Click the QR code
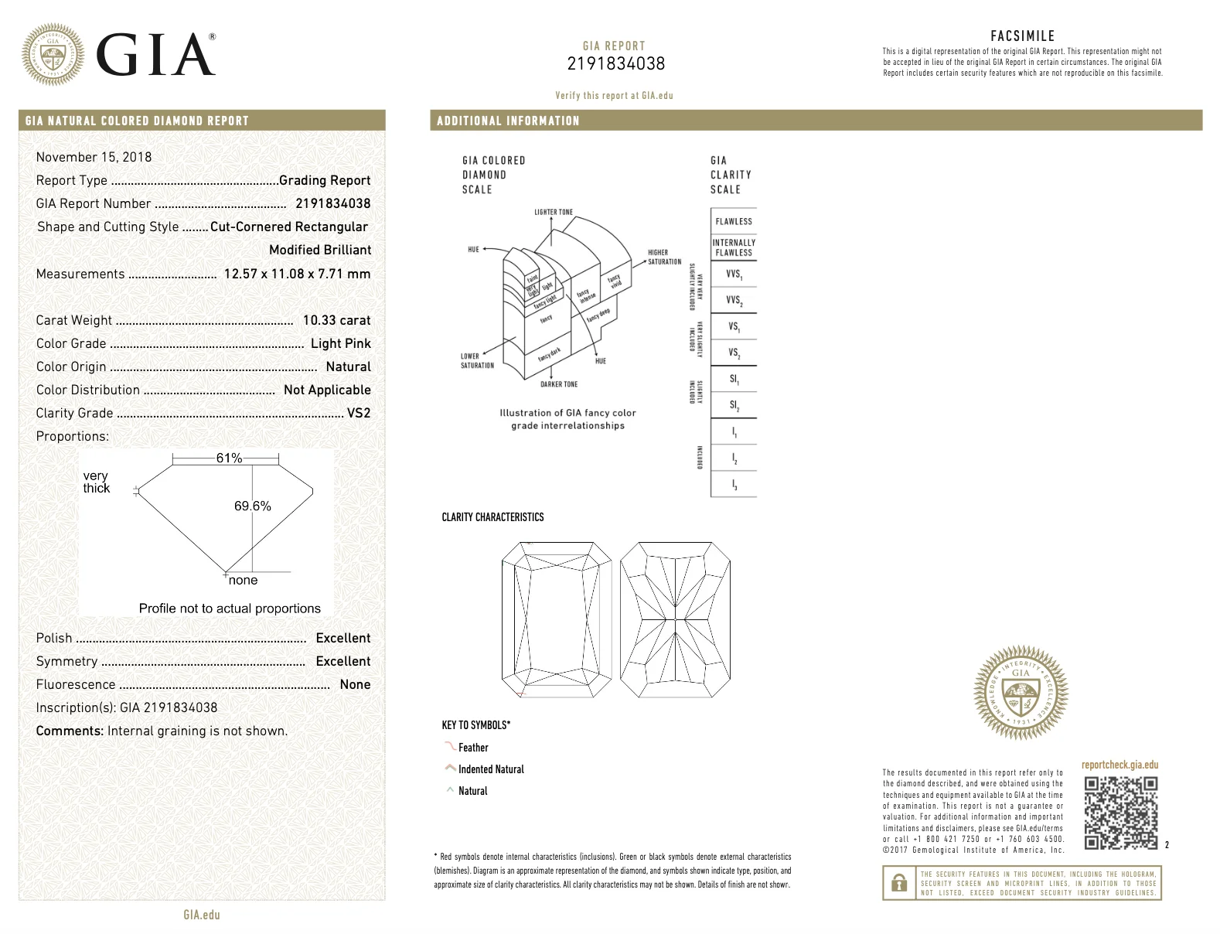tap(1120, 813)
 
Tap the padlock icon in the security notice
tap(899, 883)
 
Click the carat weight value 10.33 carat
tap(336, 320)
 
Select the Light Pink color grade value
tap(340, 343)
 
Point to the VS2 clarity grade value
tap(359, 413)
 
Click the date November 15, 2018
tap(94, 157)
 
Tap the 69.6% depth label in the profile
tap(252, 506)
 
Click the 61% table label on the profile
tap(229, 458)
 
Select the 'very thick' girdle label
tap(97, 482)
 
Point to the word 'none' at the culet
tap(243, 580)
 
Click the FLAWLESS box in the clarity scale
tap(733, 221)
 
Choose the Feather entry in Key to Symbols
tap(472, 748)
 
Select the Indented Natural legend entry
tap(490, 769)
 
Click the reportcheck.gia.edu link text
tap(1119, 765)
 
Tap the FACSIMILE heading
tap(1022, 36)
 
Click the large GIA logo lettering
tap(155, 56)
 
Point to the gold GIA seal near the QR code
tap(1021, 692)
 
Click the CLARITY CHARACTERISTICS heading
tap(492, 517)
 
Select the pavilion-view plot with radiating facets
tap(675, 619)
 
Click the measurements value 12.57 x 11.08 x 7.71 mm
tap(297, 274)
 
